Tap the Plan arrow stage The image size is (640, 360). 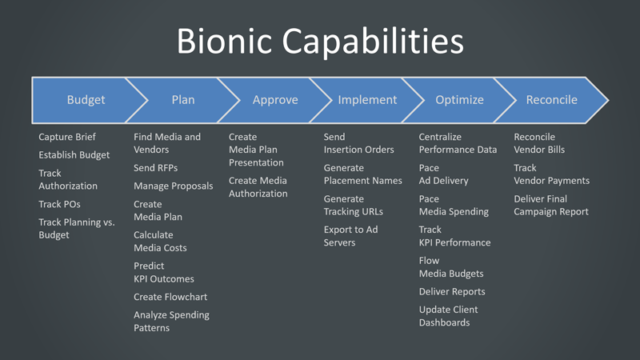tap(183, 100)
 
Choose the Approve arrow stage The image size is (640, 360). tap(275, 100)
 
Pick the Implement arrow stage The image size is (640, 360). tap(367, 100)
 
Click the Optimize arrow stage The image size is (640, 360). tap(459, 100)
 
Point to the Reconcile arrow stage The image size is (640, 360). tap(551, 100)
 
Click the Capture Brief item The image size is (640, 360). tap(67, 137)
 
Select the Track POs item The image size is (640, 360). tap(59, 204)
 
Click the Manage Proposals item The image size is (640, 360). tap(174, 186)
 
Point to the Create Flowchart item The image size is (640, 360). tap(170, 297)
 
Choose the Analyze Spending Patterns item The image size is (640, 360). tap(171, 321)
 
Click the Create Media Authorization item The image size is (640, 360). tap(258, 187)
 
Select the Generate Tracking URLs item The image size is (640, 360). tap(353, 205)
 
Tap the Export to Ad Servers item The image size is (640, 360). tap(350, 236)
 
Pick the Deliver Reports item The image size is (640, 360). tap(452, 291)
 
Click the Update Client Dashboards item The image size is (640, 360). tap(448, 316)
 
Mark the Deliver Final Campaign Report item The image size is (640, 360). tap(551, 205)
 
